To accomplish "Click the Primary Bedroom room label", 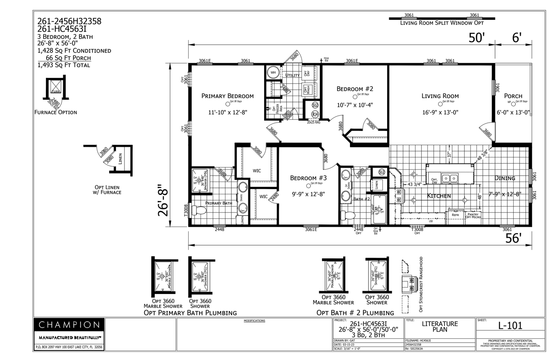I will coord(227,96).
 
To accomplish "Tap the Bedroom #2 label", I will coord(354,89).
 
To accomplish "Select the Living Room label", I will coord(440,96).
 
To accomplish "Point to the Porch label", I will coord(513,96).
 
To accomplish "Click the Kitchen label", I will coord(439,195).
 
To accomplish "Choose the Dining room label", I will coord(505,178).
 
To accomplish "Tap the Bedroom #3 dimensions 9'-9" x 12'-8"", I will coord(308,194).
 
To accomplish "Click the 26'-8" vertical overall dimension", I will coord(163,200).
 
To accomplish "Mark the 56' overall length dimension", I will coord(514,238).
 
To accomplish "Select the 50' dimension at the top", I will coord(477,38).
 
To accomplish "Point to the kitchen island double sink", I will coord(450,179).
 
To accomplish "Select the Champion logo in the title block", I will coord(69,325).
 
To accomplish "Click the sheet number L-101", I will coord(510,326).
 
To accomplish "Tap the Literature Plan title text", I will coord(439,326).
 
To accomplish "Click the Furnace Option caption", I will coord(56,112).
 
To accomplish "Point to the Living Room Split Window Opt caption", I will coord(441,23).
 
